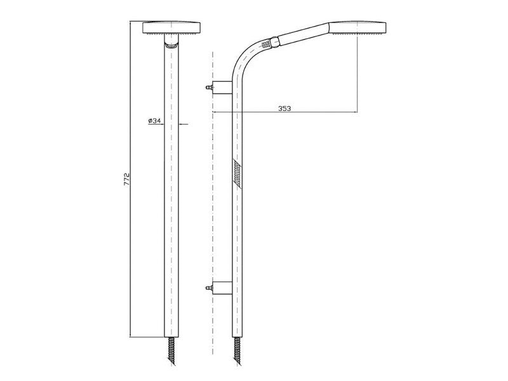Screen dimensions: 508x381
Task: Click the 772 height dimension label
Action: coord(126,180)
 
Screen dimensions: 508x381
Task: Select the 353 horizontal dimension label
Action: coord(284,109)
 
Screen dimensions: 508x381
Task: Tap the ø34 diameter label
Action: coord(154,121)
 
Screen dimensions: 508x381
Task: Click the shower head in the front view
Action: coord(171,28)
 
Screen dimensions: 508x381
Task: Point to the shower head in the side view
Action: coord(358,28)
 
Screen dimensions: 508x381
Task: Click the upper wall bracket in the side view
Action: coord(222,88)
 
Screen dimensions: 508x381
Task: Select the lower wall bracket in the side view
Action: coord(222,288)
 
